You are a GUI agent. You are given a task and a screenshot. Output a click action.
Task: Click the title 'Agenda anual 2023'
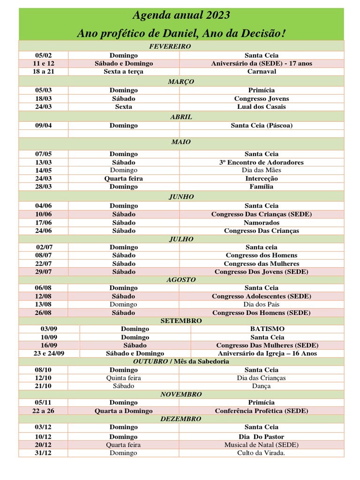pyautogui.click(x=181, y=15)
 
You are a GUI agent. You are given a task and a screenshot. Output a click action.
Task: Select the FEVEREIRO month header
pyautogui.click(x=180, y=46)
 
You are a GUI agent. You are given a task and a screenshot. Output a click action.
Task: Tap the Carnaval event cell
pyautogui.click(x=262, y=72)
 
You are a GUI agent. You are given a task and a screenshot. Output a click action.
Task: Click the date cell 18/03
pyautogui.click(x=43, y=99)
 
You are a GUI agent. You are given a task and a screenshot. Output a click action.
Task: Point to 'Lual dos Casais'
pyautogui.click(x=262, y=107)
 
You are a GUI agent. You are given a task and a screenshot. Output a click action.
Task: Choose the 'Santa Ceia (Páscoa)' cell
pyautogui.click(x=262, y=126)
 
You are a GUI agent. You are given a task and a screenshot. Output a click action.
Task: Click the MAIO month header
pyautogui.click(x=181, y=142)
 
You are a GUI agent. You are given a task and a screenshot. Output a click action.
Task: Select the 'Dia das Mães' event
pyautogui.click(x=262, y=171)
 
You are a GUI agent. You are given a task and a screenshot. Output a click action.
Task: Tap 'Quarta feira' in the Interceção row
pyautogui.click(x=124, y=179)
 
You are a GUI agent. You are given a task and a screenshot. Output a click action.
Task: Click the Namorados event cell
pyautogui.click(x=262, y=223)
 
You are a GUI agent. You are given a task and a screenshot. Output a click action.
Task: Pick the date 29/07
pyautogui.click(x=43, y=272)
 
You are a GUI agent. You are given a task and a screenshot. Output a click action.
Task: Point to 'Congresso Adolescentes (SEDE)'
pyautogui.click(x=262, y=296)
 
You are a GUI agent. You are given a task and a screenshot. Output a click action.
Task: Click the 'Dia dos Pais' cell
pyautogui.click(x=262, y=305)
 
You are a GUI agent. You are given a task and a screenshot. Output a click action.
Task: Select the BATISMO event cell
pyautogui.click(x=267, y=329)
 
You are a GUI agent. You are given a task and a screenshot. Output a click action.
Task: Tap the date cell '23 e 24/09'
pyautogui.click(x=49, y=353)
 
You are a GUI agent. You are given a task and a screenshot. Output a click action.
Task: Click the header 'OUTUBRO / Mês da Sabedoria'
pyautogui.click(x=181, y=361)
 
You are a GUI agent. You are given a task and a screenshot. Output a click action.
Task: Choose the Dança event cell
pyautogui.click(x=262, y=386)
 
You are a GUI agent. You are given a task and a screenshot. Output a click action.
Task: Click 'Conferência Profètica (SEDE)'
pyautogui.click(x=262, y=411)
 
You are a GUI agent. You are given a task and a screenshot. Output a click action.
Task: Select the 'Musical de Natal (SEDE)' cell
pyautogui.click(x=262, y=445)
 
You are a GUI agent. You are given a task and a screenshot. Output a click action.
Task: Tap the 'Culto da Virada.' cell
pyautogui.click(x=262, y=453)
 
